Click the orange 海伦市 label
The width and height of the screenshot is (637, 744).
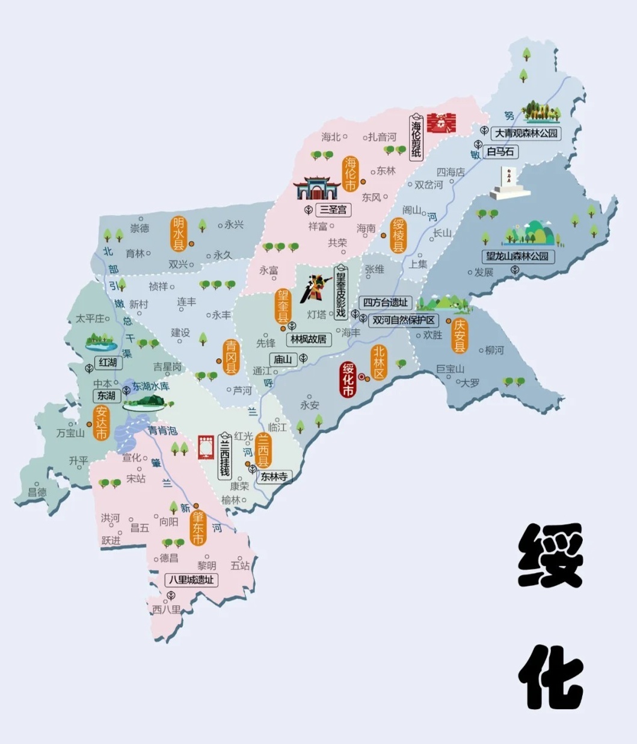tap(350, 174)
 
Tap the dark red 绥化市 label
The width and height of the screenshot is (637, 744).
tap(348, 379)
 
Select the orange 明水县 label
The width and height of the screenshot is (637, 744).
tap(179, 234)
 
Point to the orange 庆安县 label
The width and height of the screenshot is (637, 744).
tap(460, 336)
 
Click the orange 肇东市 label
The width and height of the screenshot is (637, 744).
tap(198, 528)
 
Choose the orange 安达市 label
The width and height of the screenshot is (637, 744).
tap(102, 423)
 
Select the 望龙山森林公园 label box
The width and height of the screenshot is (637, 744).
tap(517, 256)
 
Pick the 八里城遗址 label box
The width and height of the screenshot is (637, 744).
tap(191, 580)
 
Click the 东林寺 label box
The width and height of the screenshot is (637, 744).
tap(274, 476)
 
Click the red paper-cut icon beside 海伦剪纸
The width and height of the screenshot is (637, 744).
tap(442, 123)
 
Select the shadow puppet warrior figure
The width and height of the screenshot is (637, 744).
tap(316, 289)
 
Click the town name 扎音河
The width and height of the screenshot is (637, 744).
tap(383, 137)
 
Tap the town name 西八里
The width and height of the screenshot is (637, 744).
tap(166, 609)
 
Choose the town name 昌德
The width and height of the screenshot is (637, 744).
tap(37, 492)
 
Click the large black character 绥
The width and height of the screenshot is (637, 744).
tap(550, 555)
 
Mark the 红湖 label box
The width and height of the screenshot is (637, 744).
tap(108, 362)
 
